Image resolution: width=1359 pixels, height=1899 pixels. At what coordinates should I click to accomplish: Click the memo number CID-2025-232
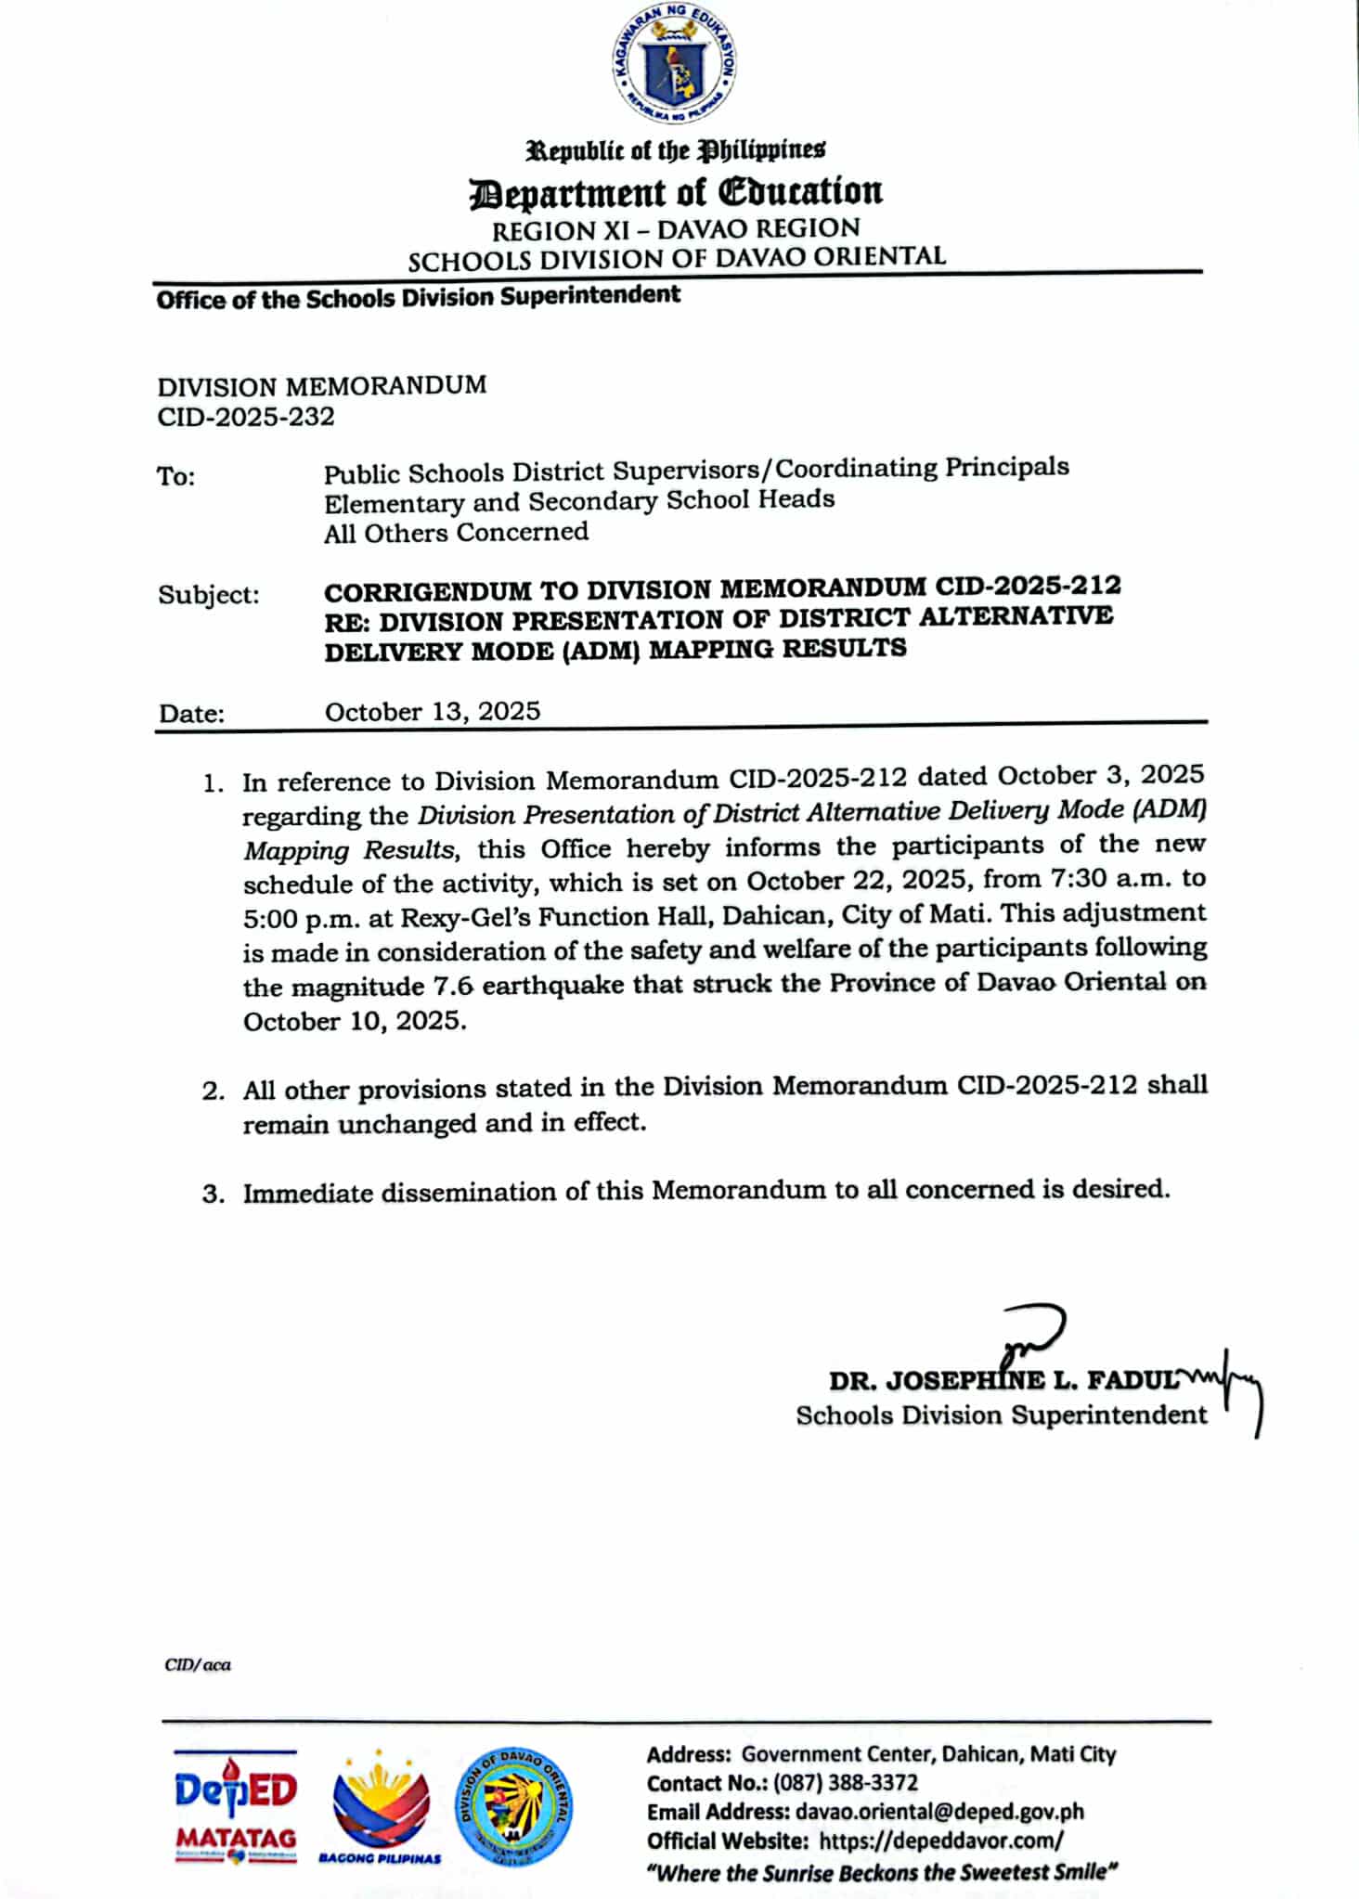[246, 417]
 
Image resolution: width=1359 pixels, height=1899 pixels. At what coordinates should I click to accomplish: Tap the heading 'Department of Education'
[677, 191]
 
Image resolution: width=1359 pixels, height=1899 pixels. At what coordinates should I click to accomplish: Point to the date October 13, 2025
[433, 711]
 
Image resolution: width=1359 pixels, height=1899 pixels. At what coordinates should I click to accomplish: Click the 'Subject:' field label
[209, 594]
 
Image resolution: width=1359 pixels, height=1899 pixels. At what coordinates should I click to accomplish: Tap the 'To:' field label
[175, 476]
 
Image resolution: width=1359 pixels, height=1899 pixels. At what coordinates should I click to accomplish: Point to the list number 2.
[213, 1091]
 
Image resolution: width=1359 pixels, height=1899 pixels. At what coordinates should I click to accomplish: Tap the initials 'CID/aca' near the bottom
[198, 1665]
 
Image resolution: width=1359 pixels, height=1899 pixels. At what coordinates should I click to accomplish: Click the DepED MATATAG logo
[236, 1805]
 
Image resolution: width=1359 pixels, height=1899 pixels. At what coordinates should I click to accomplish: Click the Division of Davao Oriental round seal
[513, 1806]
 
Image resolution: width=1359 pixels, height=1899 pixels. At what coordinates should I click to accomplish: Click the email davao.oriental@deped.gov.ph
[939, 1811]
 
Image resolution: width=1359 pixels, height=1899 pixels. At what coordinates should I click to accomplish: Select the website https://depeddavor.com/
[940, 1840]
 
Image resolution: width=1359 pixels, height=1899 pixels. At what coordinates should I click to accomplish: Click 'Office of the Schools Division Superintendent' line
[418, 297]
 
